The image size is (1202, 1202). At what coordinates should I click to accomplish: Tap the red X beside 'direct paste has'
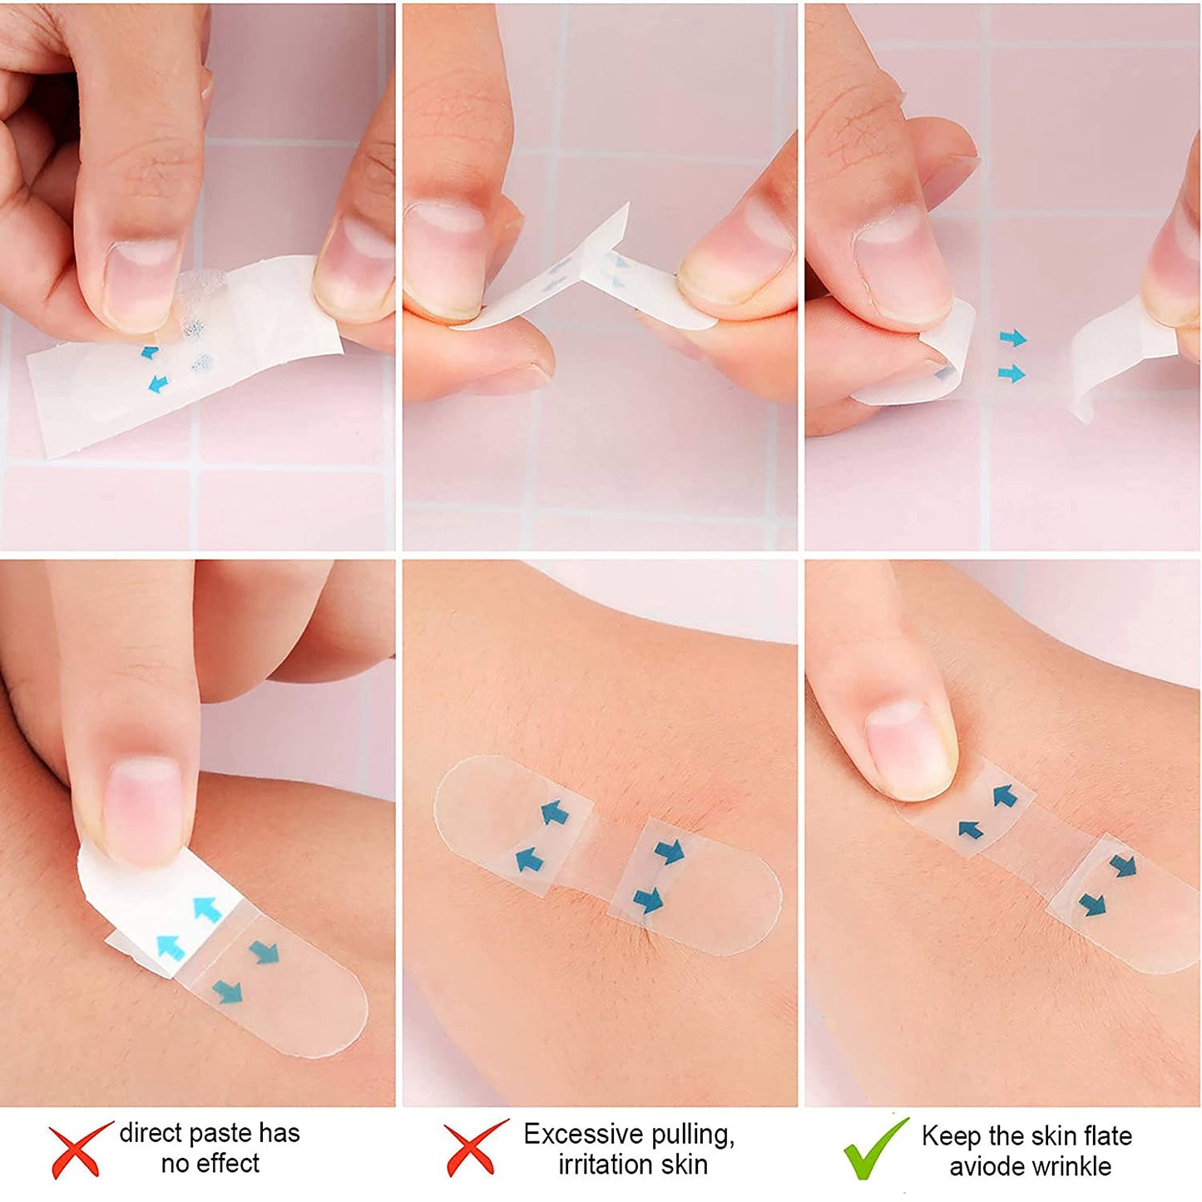click(79, 1150)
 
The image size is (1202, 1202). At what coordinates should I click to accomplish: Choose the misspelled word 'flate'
click(1105, 1136)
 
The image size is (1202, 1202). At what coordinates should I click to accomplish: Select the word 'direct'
click(150, 1133)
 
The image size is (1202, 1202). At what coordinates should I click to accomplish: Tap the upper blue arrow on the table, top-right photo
click(1012, 338)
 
